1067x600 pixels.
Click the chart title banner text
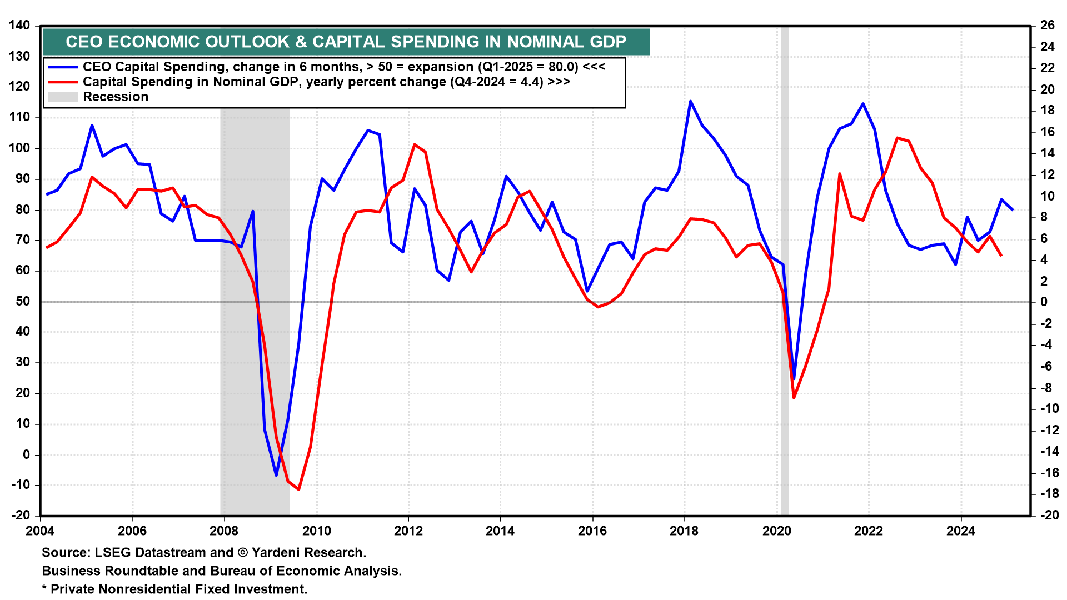pyautogui.click(x=346, y=42)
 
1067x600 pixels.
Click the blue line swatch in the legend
pyautogui.click(x=62, y=67)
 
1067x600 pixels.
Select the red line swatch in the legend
pyautogui.click(x=62, y=82)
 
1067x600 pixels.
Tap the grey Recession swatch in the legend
pyautogui.click(x=62, y=97)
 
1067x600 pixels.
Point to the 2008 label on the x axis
pyautogui.click(x=224, y=531)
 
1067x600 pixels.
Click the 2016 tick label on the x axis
pyautogui.click(x=592, y=531)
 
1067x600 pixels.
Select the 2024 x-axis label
pyautogui.click(x=961, y=531)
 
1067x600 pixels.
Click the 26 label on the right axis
pyautogui.click(x=1048, y=26)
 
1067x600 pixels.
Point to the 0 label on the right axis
pyautogui.click(x=1044, y=302)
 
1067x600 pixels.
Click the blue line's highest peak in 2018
pyautogui.click(x=690, y=101)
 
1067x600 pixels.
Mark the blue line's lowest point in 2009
pyautogui.click(x=276, y=476)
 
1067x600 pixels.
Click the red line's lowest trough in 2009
pyautogui.click(x=299, y=489)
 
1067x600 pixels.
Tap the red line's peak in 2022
pyautogui.click(x=897, y=138)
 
